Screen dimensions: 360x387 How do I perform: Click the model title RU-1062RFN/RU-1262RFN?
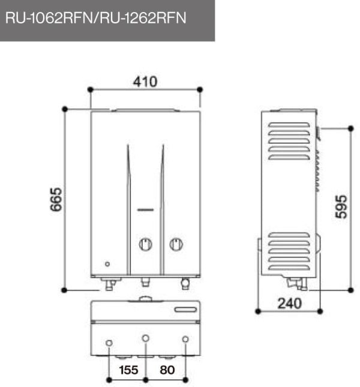96,18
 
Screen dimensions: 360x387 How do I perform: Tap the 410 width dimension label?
145,82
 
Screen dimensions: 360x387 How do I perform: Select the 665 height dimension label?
56,199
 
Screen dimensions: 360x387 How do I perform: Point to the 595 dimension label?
341,206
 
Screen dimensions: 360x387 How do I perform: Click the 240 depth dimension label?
290,304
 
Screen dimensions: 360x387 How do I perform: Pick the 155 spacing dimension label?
128,370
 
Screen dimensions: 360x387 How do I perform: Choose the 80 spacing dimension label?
167,370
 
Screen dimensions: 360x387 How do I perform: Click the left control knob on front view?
146,244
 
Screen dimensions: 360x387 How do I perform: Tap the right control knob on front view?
176,244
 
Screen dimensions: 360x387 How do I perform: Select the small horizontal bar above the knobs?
146,210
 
